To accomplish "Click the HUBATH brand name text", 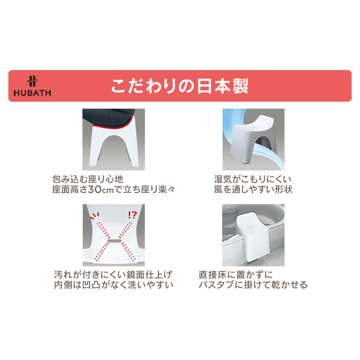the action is [x=32, y=93].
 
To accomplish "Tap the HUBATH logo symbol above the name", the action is [x=32, y=81].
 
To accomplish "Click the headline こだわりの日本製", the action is [x=180, y=86].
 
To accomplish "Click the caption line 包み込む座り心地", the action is [x=88, y=179].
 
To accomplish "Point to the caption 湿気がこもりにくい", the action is [x=253, y=179].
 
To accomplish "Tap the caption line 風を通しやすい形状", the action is [x=253, y=190].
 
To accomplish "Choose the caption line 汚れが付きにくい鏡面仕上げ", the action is [x=113, y=275].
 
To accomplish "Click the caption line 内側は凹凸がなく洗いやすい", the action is [x=114, y=285].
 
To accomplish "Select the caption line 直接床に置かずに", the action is [x=236, y=275].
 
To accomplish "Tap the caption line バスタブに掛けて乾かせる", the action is [x=253, y=285].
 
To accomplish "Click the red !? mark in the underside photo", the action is [x=132, y=214].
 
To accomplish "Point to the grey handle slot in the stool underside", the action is [x=114, y=241].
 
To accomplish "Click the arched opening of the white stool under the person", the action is [x=114, y=147].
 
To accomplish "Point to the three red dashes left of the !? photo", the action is [x=95, y=215].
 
